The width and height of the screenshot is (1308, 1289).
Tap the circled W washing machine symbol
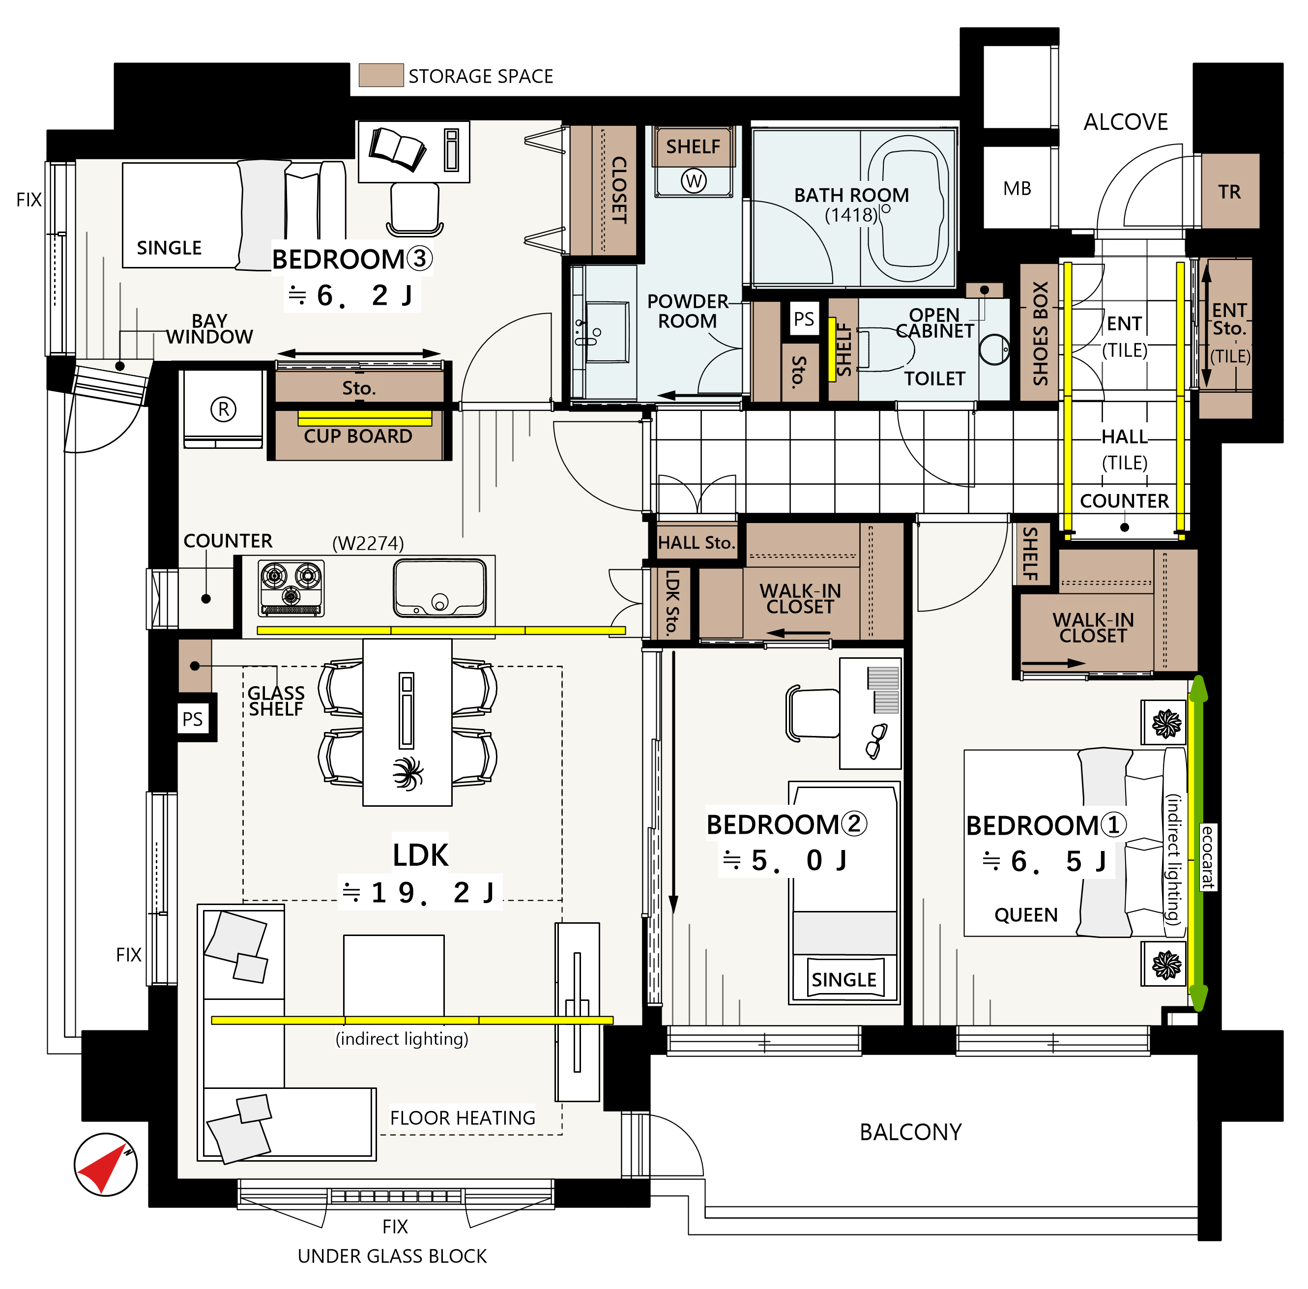(693, 181)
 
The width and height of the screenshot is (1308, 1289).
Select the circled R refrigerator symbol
(224, 409)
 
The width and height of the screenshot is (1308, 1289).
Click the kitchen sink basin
(440, 587)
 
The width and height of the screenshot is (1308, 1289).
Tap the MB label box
(1017, 188)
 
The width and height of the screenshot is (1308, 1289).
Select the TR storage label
(1229, 192)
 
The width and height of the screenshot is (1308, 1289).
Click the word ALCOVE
(1125, 122)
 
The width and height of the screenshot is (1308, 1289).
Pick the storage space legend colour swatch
(381, 75)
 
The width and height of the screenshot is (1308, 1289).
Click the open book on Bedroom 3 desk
(397, 149)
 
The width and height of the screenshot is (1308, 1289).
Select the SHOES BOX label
(1040, 333)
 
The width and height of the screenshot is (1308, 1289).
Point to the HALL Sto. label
(696, 542)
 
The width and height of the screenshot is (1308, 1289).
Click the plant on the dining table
(407, 773)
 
